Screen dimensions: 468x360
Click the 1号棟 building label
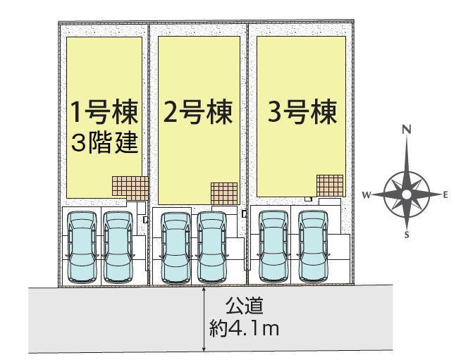(104, 112)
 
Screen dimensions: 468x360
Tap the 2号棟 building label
(198, 112)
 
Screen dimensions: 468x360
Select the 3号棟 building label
(302, 112)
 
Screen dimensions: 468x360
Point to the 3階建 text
(104, 142)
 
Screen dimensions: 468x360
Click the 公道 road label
(244, 306)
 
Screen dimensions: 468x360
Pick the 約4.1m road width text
(244, 328)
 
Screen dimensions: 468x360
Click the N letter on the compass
(407, 130)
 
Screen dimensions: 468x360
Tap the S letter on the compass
(407, 235)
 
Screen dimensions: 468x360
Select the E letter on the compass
(445, 195)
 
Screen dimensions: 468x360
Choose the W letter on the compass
(367, 195)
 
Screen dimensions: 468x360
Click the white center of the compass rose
(406, 194)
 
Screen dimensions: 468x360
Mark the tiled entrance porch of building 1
(130, 188)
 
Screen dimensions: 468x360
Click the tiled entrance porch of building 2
(224, 194)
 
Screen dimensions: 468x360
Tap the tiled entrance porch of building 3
(330, 185)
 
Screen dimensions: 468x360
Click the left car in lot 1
(82, 247)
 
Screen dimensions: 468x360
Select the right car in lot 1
(118, 247)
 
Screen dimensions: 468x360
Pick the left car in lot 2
(175, 247)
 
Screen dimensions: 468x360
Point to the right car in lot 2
(211, 247)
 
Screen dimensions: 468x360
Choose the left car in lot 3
(273, 247)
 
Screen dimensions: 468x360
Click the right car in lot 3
(314, 247)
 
